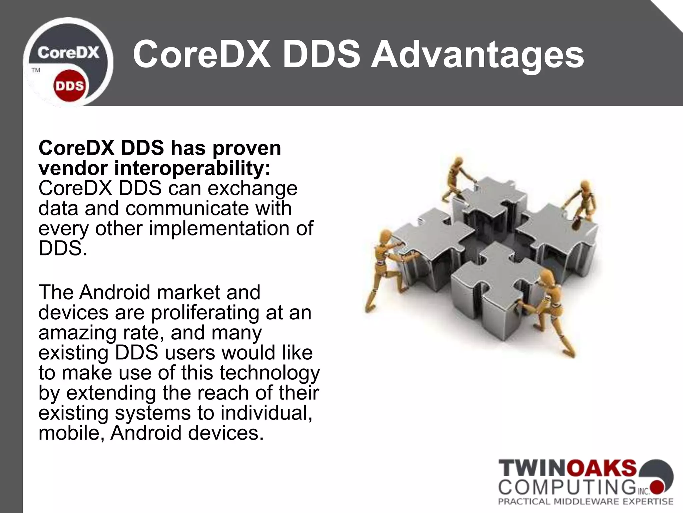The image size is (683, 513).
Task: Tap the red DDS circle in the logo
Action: pyautogui.click(x=70, y=86)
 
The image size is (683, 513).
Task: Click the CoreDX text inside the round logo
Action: pyautogui.click(x=68, y=53)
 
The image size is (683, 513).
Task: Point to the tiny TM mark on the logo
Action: pyautogui.click(x=36, y=70)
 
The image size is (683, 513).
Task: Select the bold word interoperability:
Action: pyautogui.click(x=192, y=168)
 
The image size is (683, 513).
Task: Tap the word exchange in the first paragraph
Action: pyautogui.click(x=252, y=189)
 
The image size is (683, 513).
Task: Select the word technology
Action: pyautogui.click(x=269, y=373)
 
